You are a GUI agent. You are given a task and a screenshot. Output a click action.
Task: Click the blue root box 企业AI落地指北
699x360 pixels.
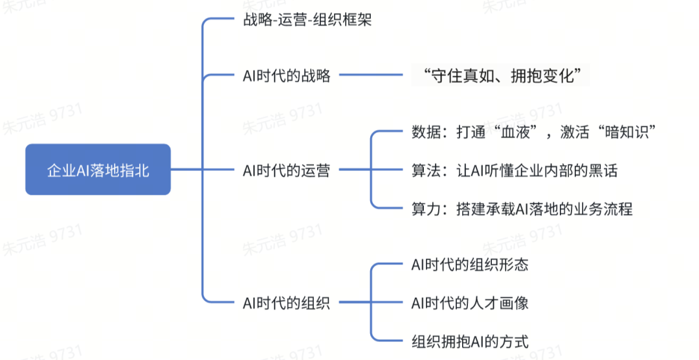[98, 170]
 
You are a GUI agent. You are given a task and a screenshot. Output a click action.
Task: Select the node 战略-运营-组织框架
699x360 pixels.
[303, 20]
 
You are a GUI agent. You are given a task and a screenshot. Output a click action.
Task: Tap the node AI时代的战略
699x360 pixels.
[286, 76]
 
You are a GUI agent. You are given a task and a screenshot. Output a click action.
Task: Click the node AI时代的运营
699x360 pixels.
[286, 170]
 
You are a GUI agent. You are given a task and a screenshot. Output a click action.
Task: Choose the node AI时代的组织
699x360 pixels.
[286, 302]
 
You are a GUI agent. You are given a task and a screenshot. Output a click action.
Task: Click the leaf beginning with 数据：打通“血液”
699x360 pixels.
[535, 132]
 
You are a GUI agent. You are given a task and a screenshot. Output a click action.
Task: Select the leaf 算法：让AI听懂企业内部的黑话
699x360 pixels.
[515, 170]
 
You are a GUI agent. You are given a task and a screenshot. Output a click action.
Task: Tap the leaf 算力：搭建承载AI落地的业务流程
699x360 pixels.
[522, 208]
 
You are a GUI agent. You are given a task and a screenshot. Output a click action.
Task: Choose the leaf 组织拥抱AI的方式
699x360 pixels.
[470, 341]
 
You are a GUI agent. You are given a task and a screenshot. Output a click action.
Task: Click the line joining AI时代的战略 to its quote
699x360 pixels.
[372, 76]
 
